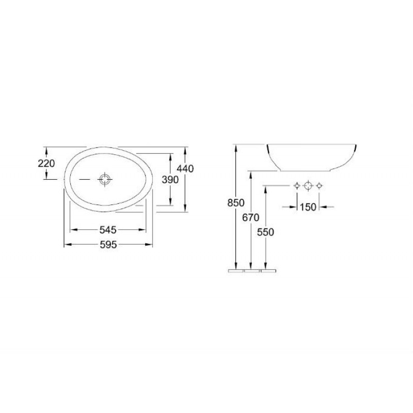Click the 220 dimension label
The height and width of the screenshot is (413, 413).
coord(46,164)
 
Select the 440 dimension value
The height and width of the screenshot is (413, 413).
coord(185,169)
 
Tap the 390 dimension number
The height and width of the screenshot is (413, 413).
coord(170,180)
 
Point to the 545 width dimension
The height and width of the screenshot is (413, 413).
coord(108,230)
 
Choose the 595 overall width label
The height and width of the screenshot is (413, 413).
coord(108,245)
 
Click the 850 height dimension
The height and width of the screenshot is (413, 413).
coord(236,203)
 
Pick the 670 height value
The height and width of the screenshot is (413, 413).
coord(251,217)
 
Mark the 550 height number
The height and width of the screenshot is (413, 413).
coord(265,232)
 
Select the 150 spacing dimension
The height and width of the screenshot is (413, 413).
coord(308,207)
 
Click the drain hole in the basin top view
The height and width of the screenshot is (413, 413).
coord(105,179)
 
